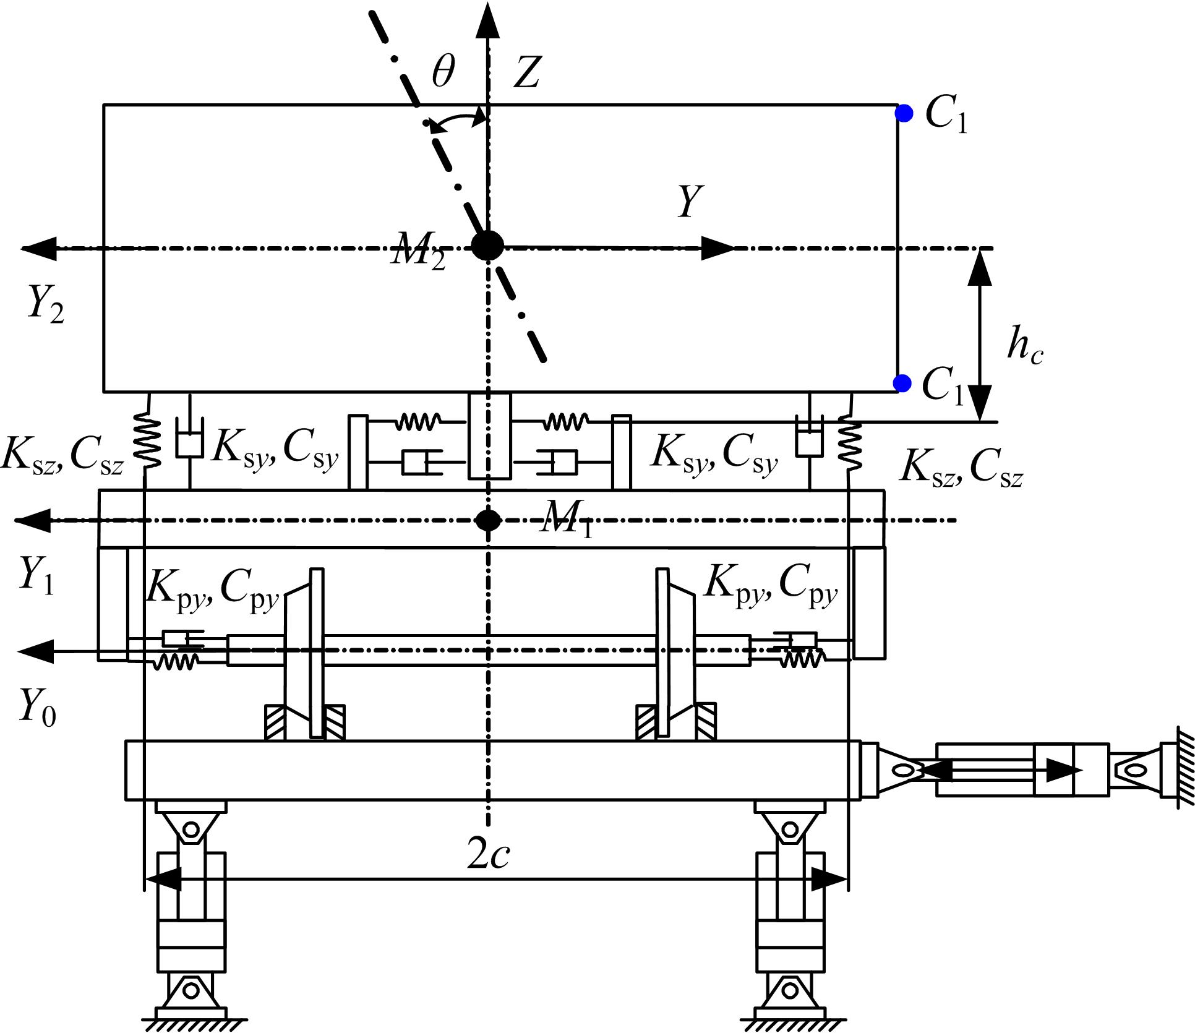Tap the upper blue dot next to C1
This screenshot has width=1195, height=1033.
(904, 114)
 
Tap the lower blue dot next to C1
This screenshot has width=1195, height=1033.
(903, 384)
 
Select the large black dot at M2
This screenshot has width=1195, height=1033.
(488, 246)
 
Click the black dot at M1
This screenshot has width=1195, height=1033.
(489, 520)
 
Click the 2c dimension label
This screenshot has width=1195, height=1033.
(489, 856)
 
